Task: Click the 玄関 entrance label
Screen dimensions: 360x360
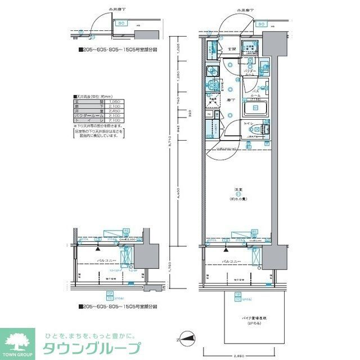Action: coord(231,49)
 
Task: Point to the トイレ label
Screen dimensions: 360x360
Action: coord(247,123)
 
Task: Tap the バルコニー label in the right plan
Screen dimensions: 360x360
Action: coord(231,262)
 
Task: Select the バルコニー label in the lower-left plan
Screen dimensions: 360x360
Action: coord(103,262)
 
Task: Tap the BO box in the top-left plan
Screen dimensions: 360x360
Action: coord(121,24)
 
